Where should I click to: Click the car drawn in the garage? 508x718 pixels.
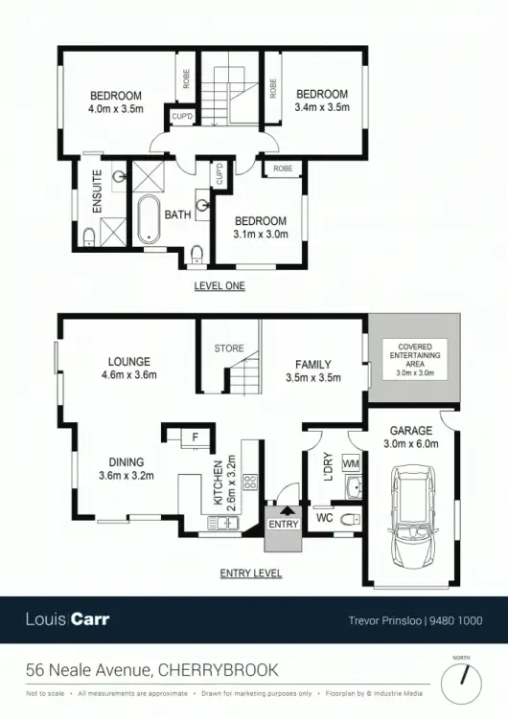tap(413, 508)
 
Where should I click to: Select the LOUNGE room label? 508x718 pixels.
tap(128, 362)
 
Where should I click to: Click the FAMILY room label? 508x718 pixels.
tap(312, 365)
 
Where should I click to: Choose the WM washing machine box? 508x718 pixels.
tap(350, 464)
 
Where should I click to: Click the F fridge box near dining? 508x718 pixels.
tap(195, 438)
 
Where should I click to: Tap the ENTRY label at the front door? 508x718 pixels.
tap(284, 526)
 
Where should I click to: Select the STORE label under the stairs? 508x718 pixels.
tap(228, 348)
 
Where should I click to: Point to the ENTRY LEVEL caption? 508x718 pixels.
tap(250, 572)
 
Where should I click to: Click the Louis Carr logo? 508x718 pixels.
tap(67, 619)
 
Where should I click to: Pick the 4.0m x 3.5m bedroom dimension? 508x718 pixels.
tap(116, 109)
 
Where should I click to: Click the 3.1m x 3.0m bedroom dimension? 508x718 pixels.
tap(260, 235)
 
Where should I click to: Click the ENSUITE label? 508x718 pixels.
tap(97, 191)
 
